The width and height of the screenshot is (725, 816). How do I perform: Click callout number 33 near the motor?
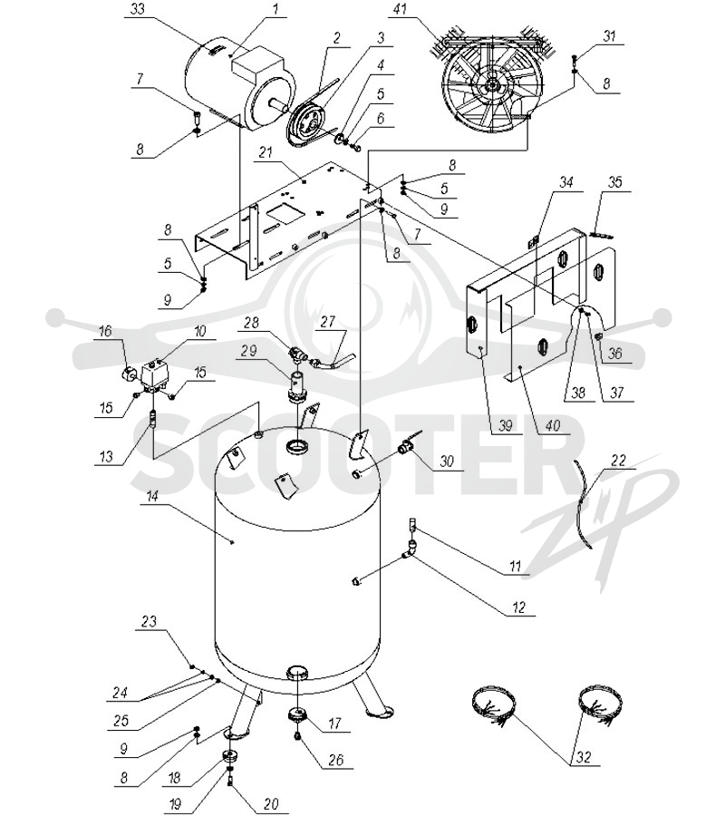coord(138,10)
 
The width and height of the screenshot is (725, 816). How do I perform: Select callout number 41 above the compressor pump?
coord(400,10)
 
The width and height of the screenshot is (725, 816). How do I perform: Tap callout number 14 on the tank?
coord(151,496)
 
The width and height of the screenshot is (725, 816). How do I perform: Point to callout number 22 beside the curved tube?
coord(618,461)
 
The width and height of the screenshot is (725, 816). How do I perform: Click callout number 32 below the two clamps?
coord(584,756)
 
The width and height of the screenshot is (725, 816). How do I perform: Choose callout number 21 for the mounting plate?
coord(266,152)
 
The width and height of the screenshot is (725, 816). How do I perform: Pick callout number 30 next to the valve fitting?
coord(447,461)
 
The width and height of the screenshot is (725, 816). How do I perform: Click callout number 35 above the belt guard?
coord(614,182)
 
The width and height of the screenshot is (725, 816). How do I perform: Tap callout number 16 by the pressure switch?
coord(105,330)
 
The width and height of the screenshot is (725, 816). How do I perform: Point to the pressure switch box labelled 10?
coord(155,374)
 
